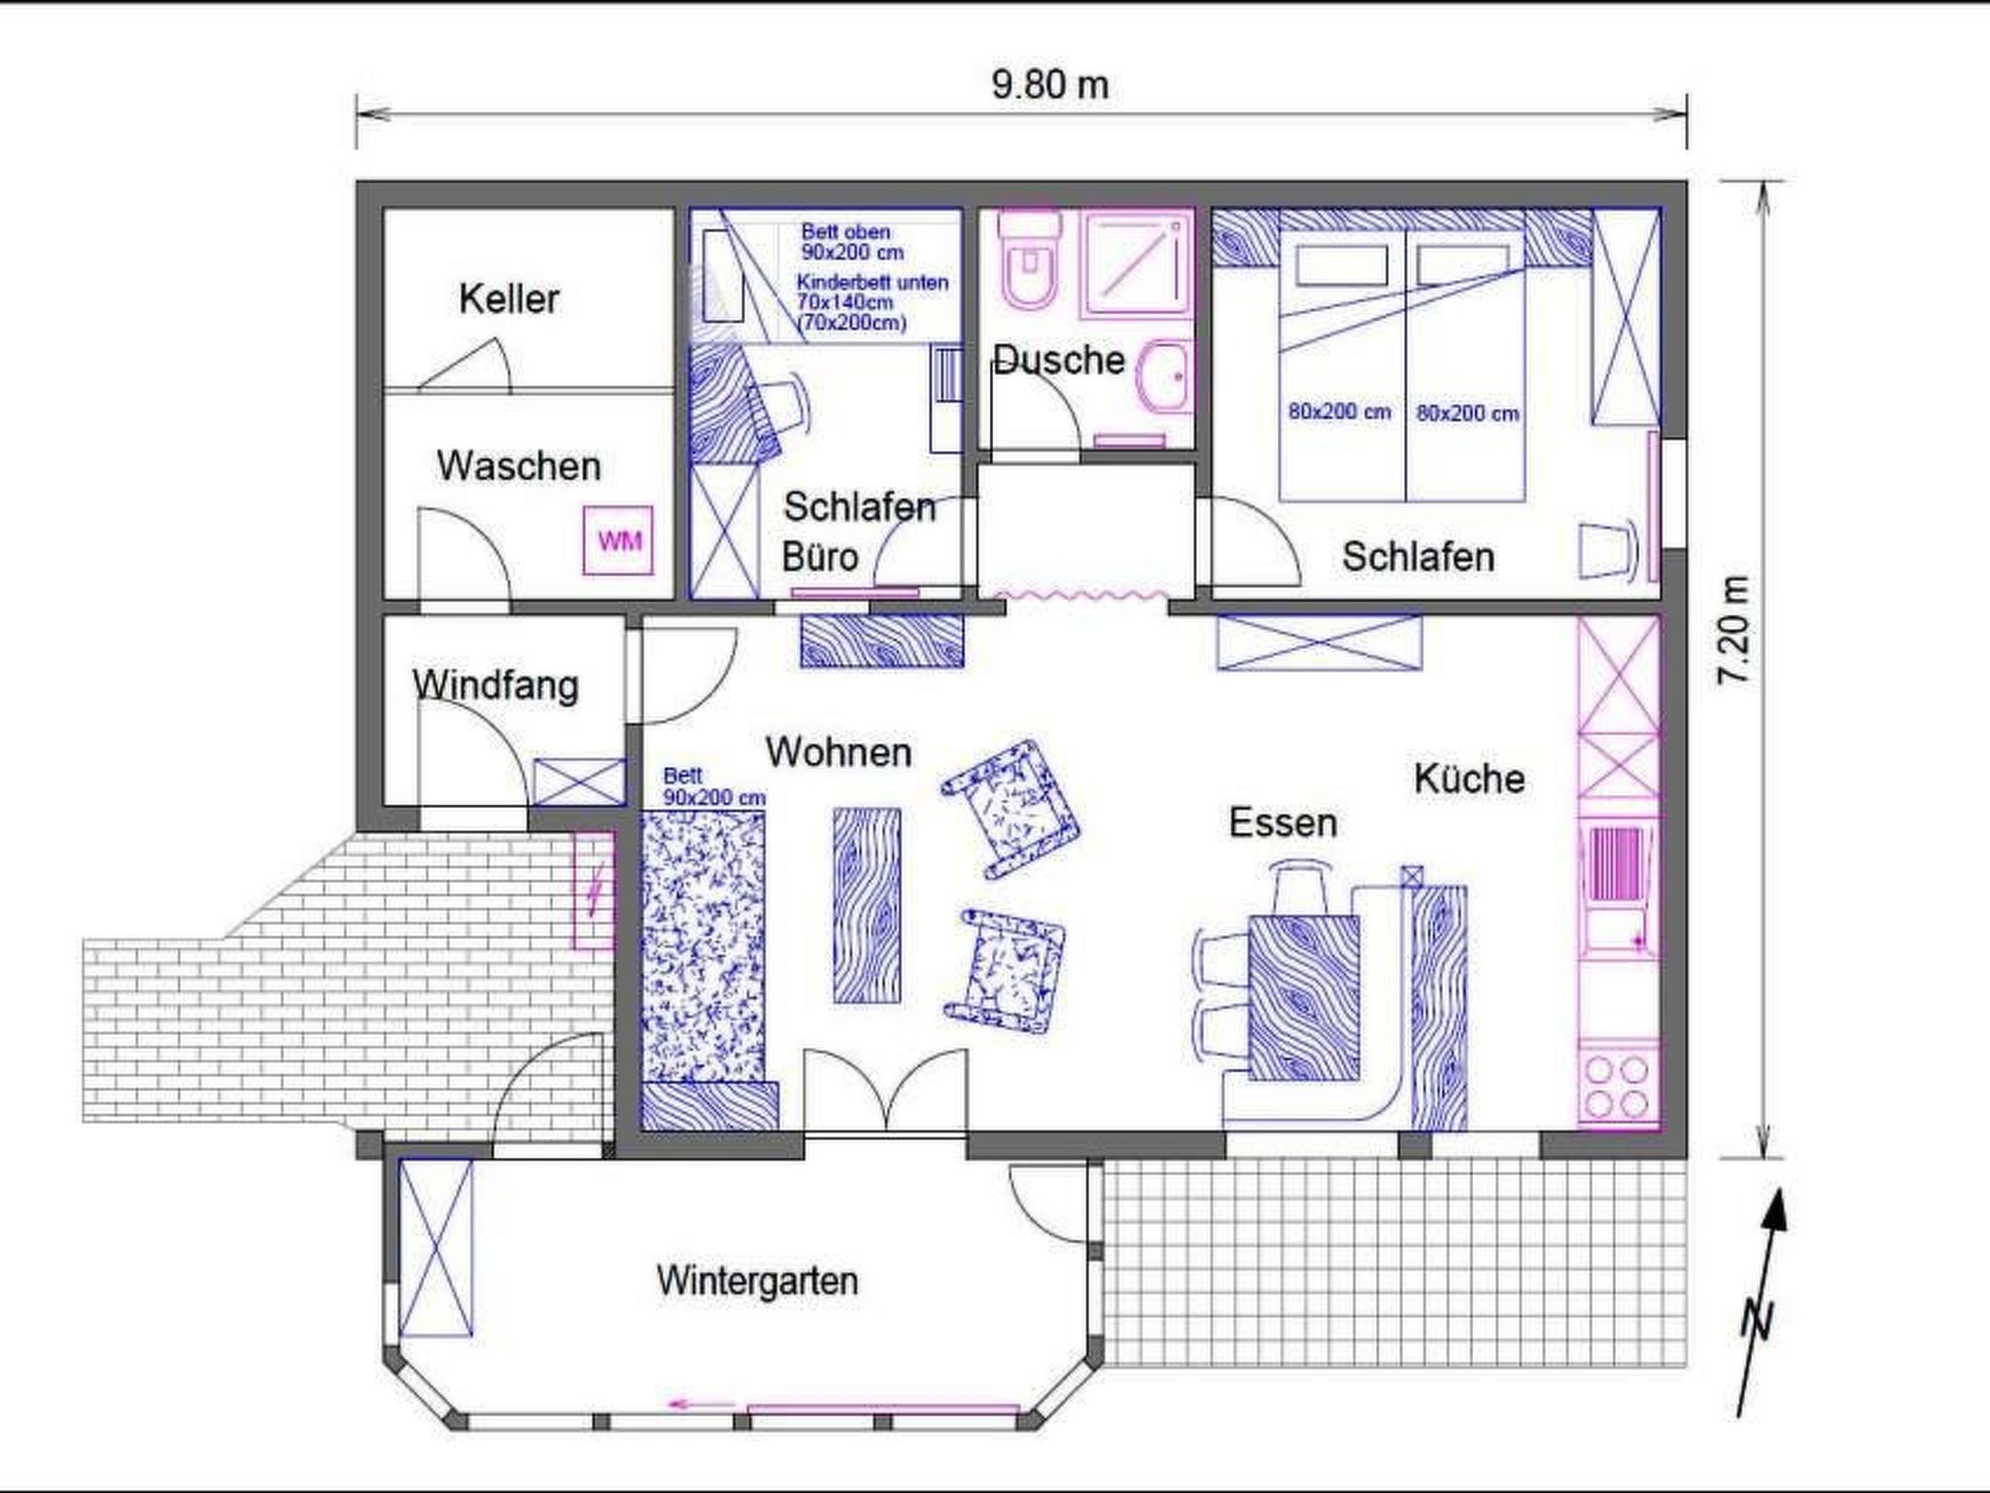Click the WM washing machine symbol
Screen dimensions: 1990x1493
pyautogui.click(x=618, y=539)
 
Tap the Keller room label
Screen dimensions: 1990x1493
pyautogui.click(x=509, y=298)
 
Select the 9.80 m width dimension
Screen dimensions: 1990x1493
pyautogui.click(x=1049, y=85)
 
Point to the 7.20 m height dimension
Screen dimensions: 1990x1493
pyautogui.click(x=1734, y=630)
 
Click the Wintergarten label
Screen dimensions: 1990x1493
pyautogui.click(x=757, y=1280)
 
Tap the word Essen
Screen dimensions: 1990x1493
pyautogui.click(x=1283, y=822)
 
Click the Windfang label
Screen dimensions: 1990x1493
pyautogui.click(x=496, y=685)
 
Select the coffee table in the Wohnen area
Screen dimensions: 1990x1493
pyautogui.click(x=867, y=905)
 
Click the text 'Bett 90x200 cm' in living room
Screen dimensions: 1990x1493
pyautogui.click(x=714, y=786)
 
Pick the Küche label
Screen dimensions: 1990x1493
pyautogui.click(x=1469, y=778)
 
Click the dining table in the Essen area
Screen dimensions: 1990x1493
pyautogui.click(x=1304, y=997)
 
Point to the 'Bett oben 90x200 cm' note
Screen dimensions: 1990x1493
pyautogui.click(x=852, y=242)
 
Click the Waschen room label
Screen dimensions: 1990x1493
pyautogui.click(x=519, y=466)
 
